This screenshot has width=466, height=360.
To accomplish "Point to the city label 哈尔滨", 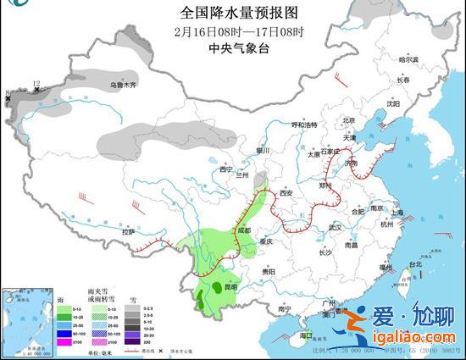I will tap(408, 59).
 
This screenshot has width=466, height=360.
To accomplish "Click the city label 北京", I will tap(344, 120).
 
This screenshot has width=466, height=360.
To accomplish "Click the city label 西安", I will tap(286, 193).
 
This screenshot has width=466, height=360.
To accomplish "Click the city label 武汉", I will tap(335, 227).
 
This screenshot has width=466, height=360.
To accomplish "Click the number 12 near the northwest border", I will tap(36, 83).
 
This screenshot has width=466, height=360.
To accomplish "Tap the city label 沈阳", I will tap(392, 103).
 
